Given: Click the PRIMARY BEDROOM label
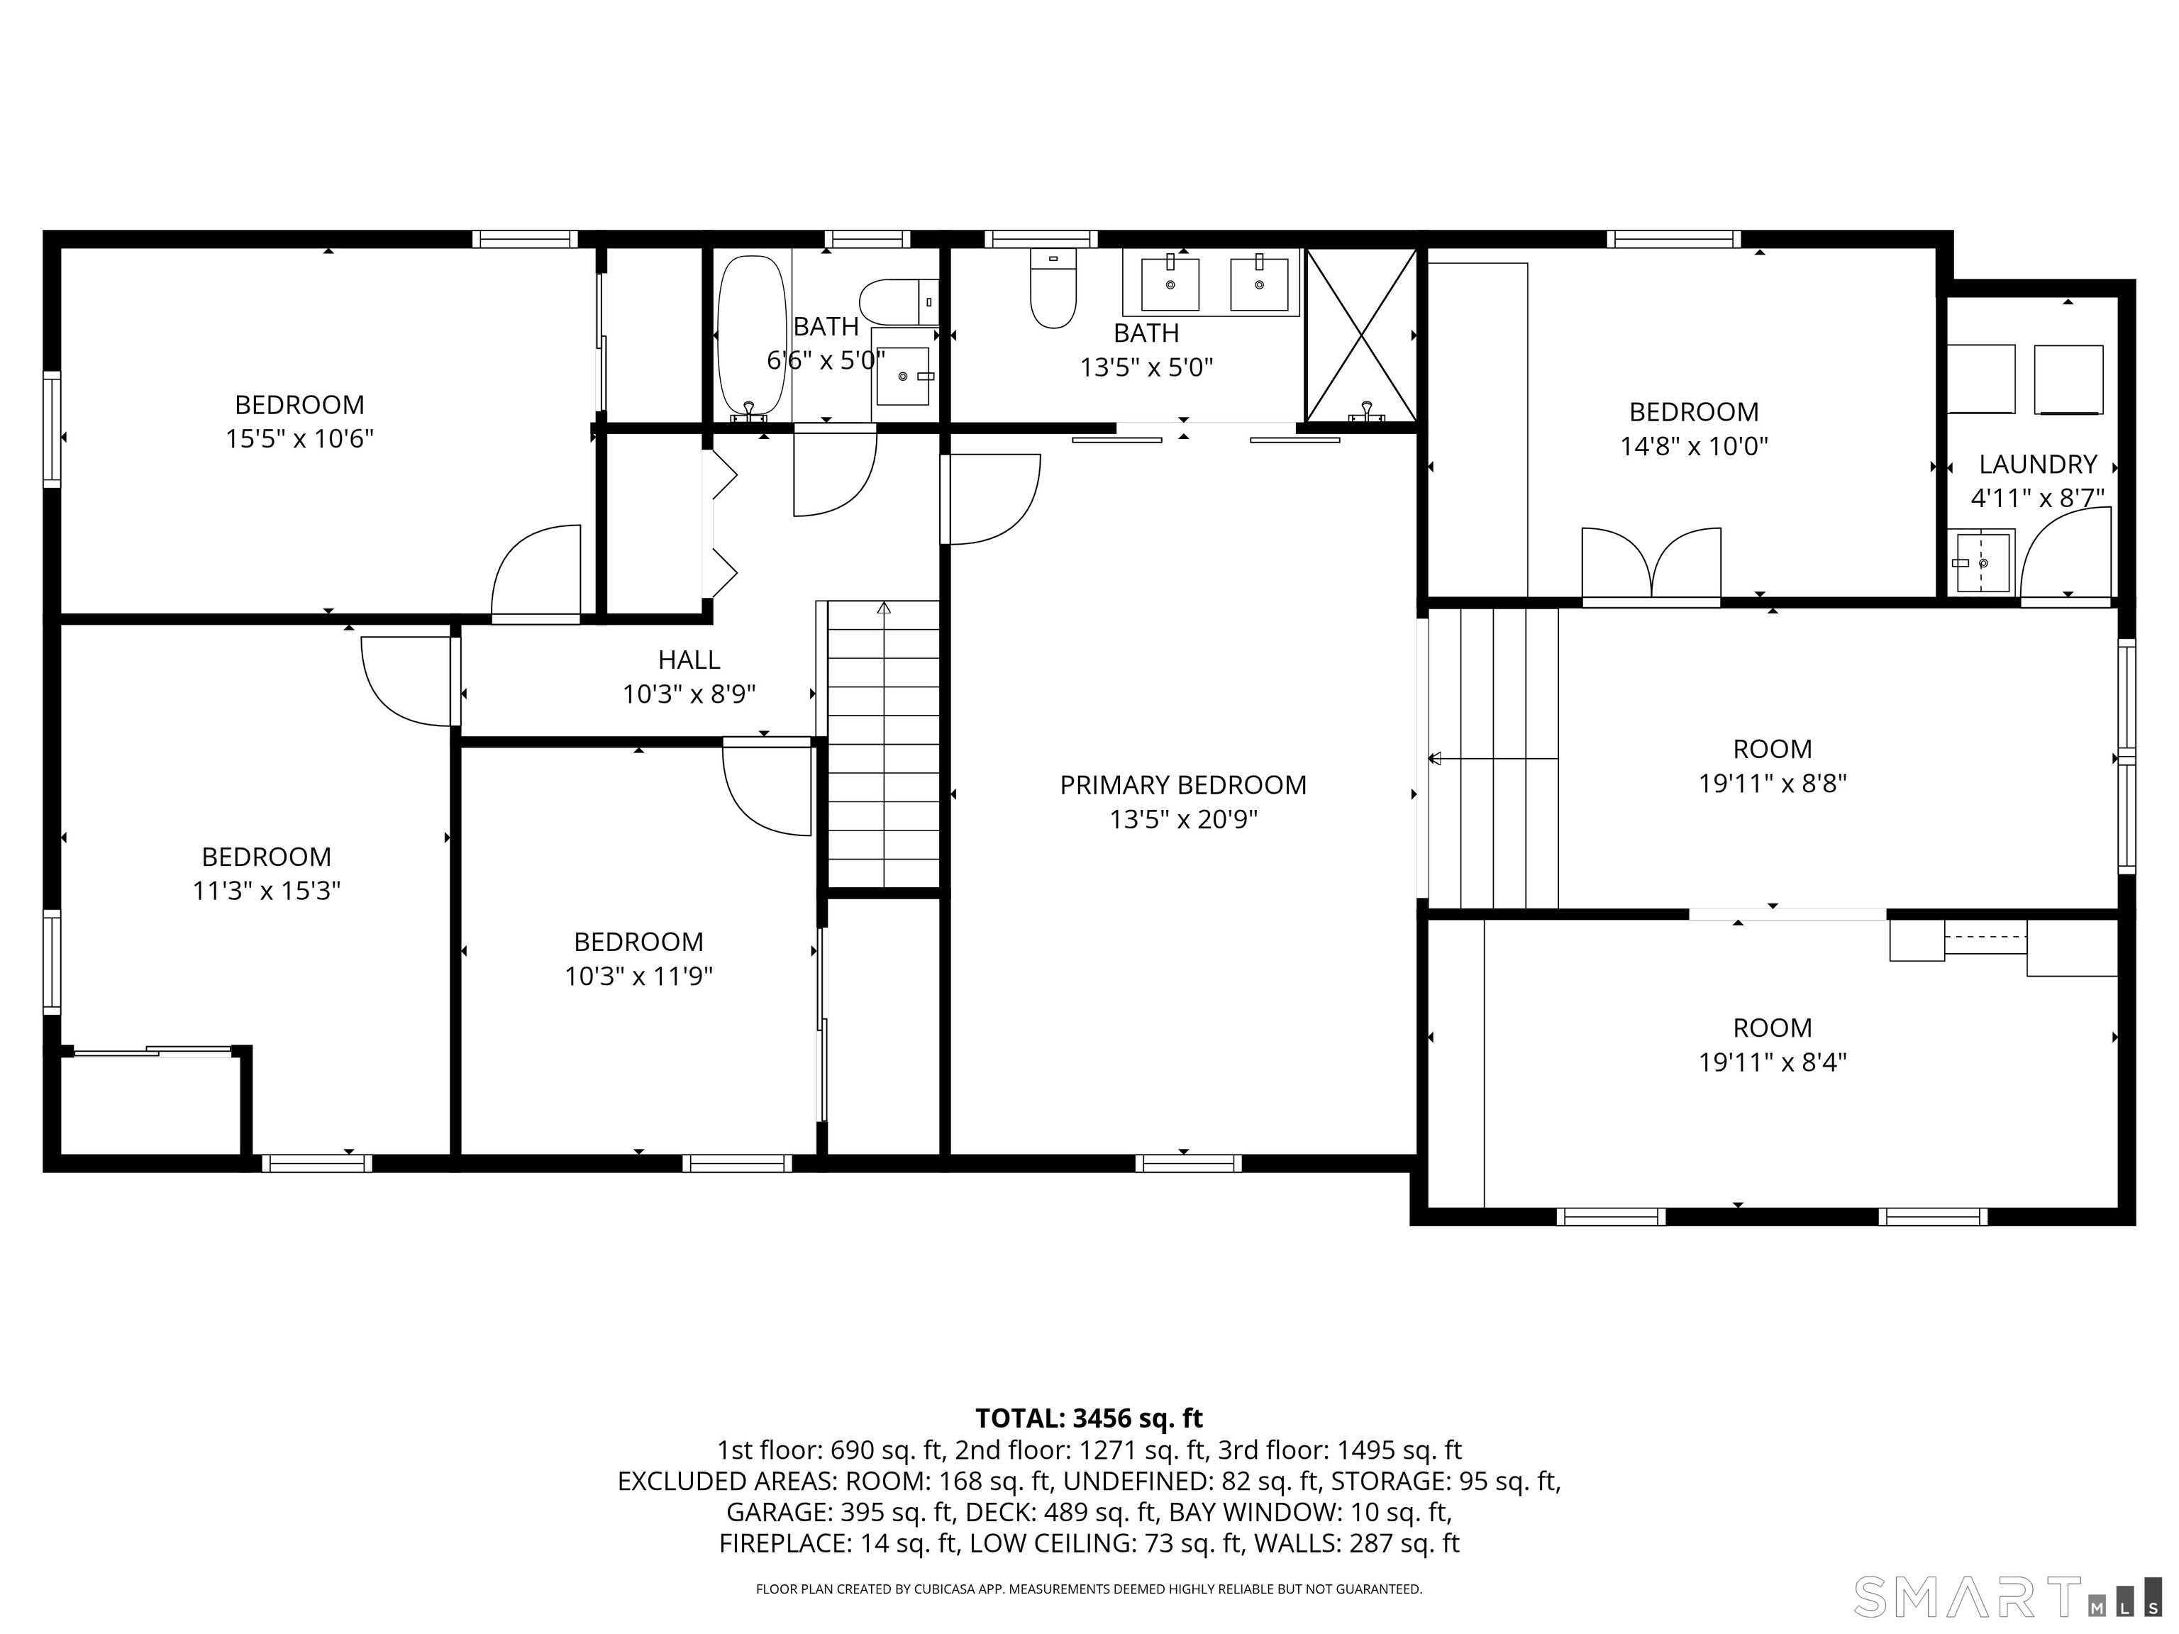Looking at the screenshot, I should [1183, 785].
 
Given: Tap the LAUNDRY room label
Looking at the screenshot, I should [2037, 464].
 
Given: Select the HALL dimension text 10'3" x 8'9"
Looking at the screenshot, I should [689, 694].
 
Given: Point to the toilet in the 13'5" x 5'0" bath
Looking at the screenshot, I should [1052, 291].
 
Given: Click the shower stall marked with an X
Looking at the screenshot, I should [1360, 335].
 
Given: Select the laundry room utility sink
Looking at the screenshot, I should [1982, 562].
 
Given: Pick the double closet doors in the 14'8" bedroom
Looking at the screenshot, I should [1651, 567].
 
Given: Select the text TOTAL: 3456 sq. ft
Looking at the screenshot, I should [1089, 1418].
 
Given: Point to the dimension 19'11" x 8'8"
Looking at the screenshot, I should [1772, 784].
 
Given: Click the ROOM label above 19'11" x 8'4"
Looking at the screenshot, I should [1772, 1028].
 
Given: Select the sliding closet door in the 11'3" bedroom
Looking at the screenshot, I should [153, 1051].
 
